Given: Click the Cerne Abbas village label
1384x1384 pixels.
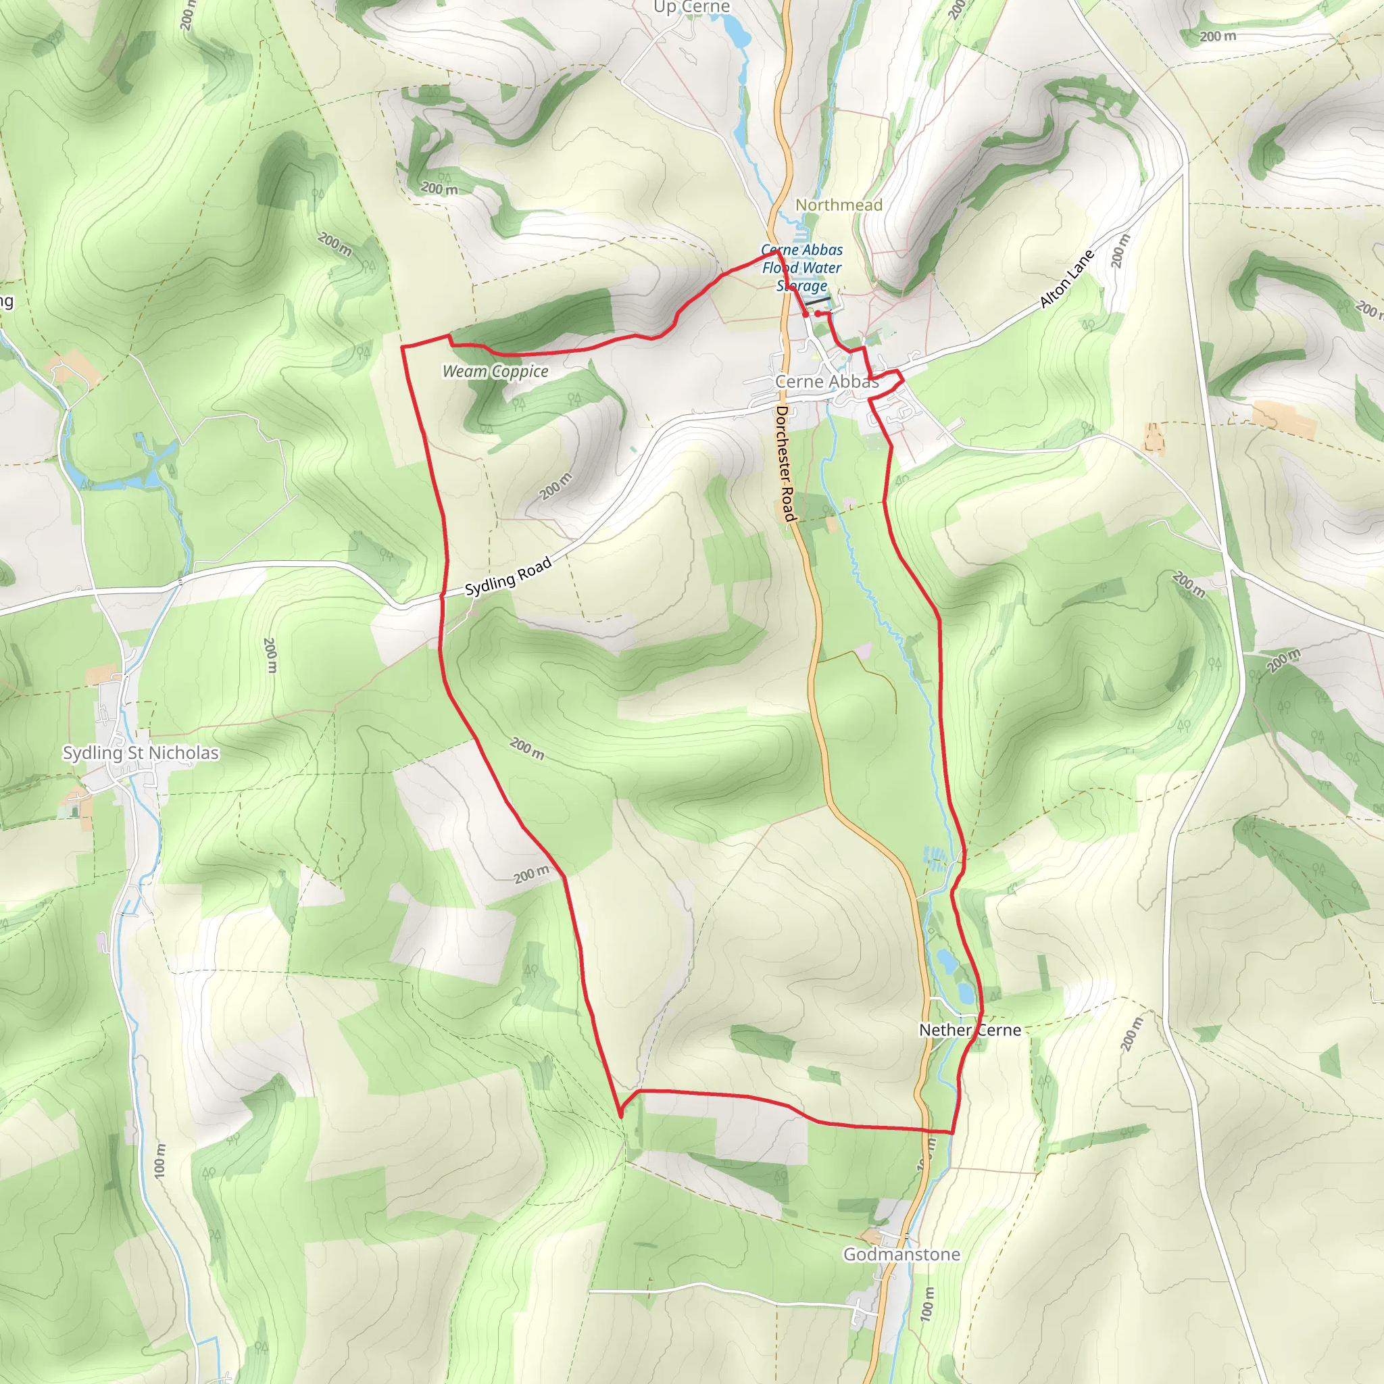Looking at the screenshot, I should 826,382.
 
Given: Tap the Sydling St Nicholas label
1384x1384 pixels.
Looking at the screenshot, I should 141,753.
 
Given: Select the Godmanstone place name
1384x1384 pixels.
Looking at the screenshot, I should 901,1254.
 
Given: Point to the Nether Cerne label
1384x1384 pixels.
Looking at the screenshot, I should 970,1030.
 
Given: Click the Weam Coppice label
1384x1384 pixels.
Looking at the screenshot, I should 495,371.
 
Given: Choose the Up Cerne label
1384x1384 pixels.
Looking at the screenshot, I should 691,7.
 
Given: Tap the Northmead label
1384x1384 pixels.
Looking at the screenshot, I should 839,205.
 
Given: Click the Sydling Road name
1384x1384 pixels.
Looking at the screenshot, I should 508,576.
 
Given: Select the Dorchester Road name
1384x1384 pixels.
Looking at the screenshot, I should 786,464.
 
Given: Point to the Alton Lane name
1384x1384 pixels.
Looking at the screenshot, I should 1066,278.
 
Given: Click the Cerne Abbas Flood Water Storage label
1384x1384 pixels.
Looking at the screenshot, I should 801,268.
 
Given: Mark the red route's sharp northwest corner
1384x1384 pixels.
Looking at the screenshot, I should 402,347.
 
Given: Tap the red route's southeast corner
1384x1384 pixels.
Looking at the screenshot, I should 953,1133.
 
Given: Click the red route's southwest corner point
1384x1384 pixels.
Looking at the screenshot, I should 620,1115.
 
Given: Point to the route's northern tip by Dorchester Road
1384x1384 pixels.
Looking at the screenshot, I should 777,251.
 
